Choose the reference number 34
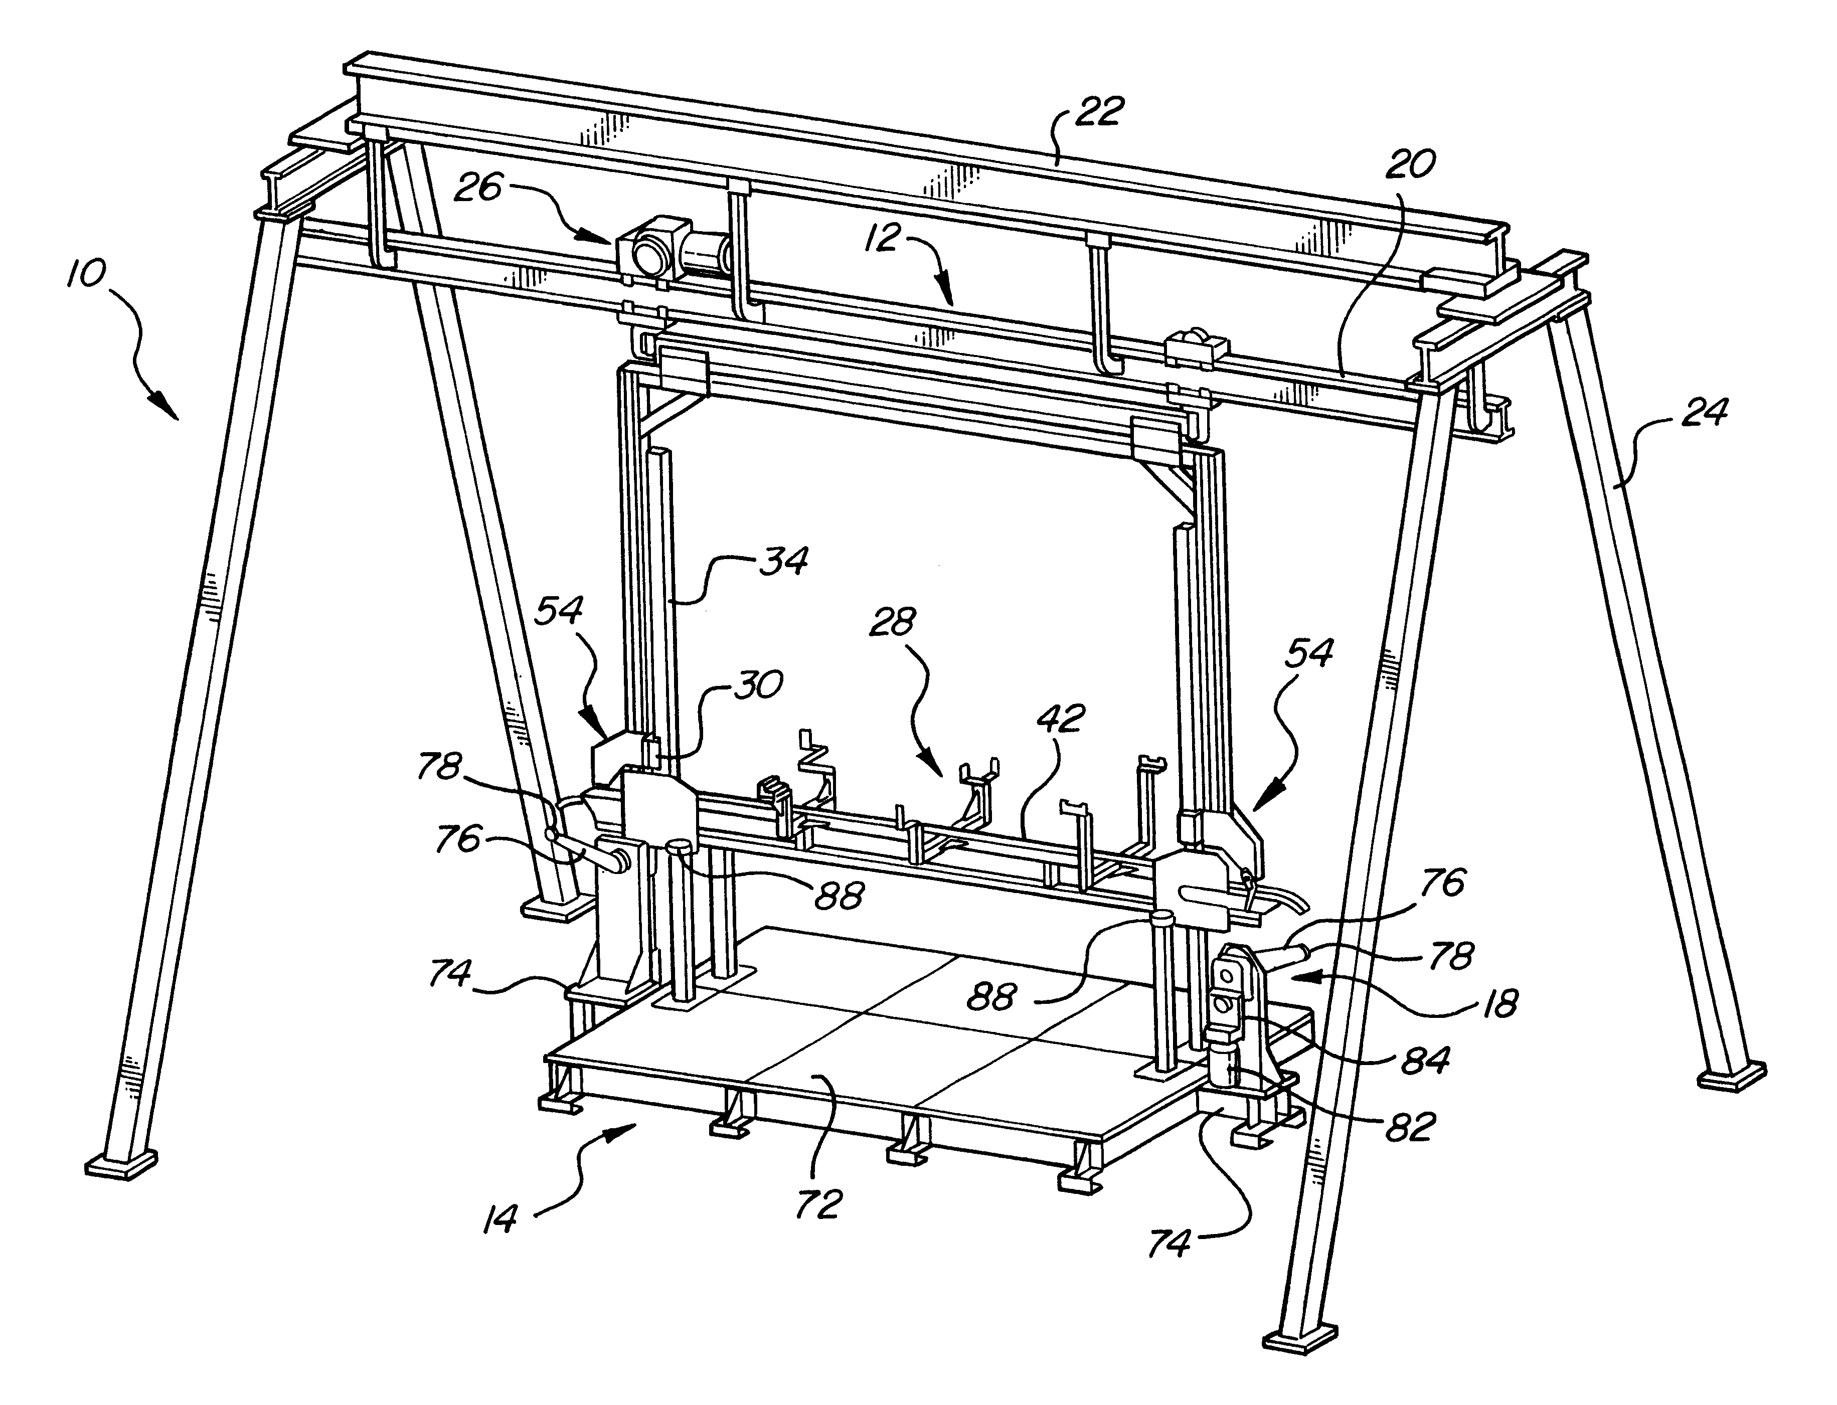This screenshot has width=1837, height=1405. [784, 560]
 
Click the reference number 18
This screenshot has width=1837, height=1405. [1501, 1003]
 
